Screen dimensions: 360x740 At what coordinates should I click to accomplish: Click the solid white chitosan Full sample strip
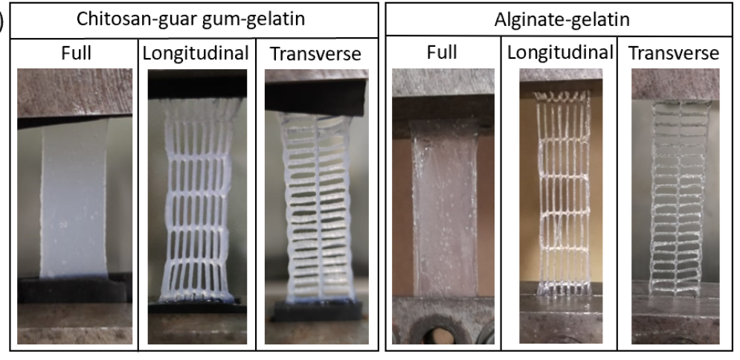click(x=74, y=201)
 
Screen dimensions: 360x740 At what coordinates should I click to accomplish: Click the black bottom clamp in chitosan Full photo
click(x=74, y=290)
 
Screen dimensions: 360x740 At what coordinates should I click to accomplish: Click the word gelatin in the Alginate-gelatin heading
click(x=596, y=20)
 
